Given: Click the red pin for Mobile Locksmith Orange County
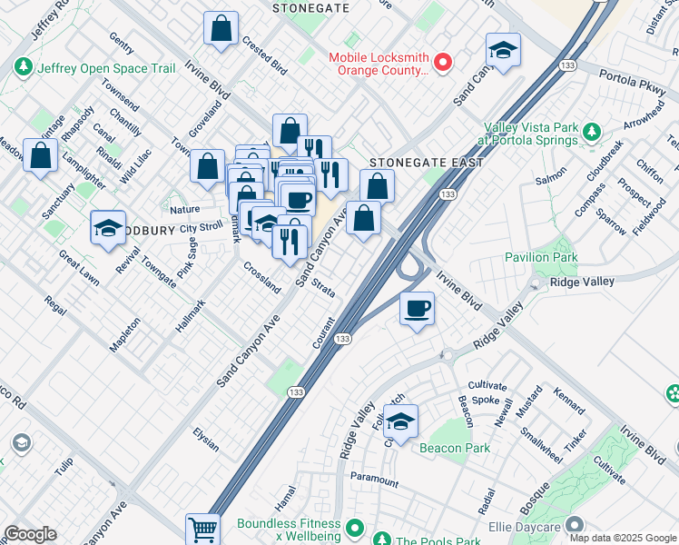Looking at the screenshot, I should tap(443, 62).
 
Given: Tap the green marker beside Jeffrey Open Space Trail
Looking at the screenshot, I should tap(23, 67).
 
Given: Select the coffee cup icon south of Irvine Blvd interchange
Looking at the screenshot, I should tap(417, 309).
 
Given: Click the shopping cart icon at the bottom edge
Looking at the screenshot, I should tap(202, 529).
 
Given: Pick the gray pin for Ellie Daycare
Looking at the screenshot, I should tap(574, 525).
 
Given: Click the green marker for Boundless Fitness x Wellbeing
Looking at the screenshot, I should tap(356, 526).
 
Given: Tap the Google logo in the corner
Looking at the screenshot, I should tap(29, 534).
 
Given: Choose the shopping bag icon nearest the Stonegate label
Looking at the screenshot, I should tap(221, 29).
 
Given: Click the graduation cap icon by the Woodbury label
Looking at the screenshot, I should tap(108, 228).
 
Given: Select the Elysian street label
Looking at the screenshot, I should tap(206, 441).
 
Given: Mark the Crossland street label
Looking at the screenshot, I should tap(262, 276).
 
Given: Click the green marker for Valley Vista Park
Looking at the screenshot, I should tap(591, 134).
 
